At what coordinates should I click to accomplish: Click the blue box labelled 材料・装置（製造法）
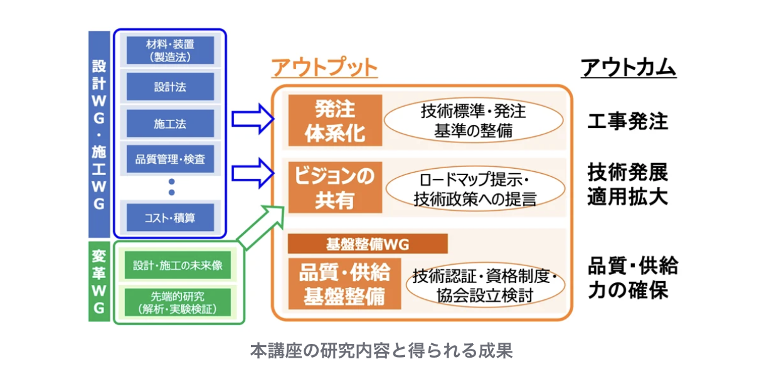(170, 50)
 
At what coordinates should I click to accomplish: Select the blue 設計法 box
(170, 87)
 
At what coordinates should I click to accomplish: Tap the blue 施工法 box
(170, 123)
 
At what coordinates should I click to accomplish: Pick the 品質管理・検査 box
(170, 159)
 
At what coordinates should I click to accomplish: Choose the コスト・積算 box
(170, 217)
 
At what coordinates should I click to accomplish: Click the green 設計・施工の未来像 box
(178, 265)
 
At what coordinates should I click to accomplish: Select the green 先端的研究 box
(178, 302)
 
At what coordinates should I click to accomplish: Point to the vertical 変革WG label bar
(99, 282)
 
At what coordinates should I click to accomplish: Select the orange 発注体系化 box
(335, 120)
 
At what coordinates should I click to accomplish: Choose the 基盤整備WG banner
(368, 244)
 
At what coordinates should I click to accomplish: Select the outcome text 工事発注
(628, 120)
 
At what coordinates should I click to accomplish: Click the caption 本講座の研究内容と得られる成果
(381, 351)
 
